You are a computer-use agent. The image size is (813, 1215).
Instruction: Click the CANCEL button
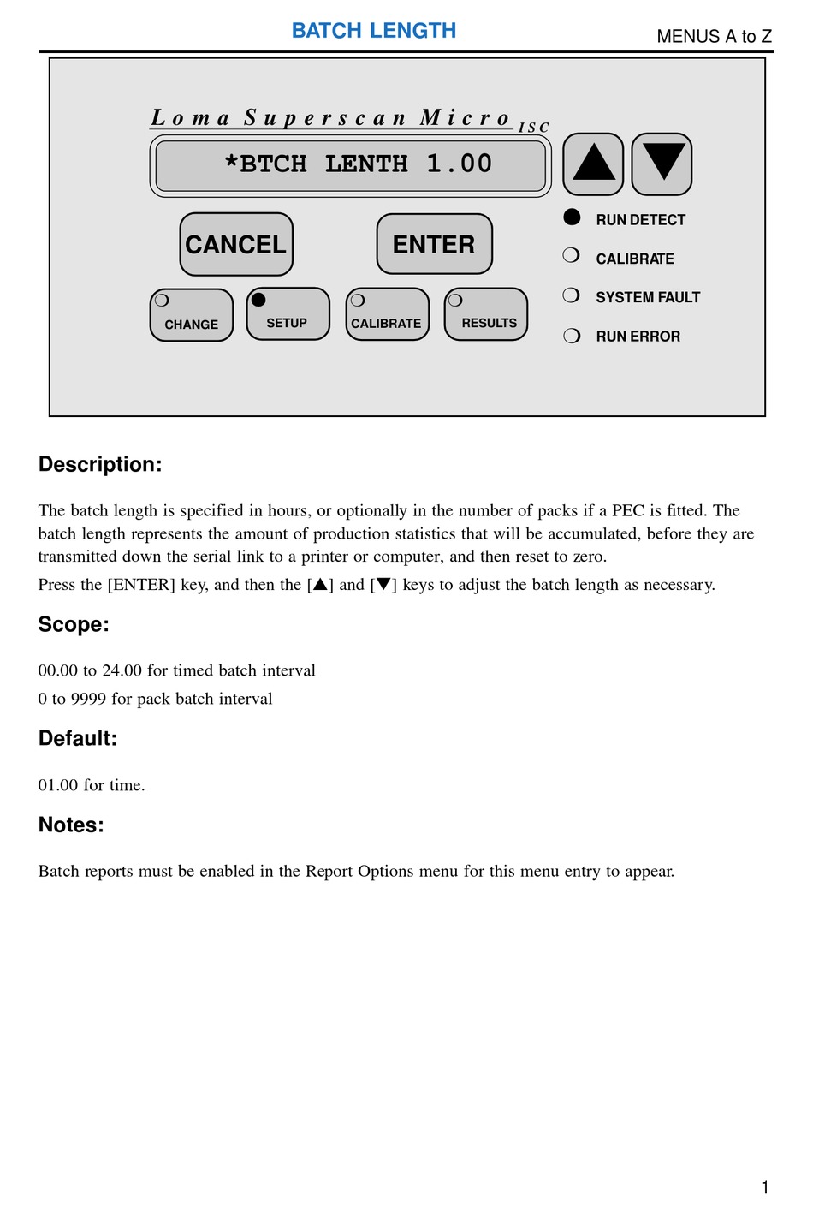click(x=236, y=245)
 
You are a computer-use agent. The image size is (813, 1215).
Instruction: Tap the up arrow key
click(x=593, y=164)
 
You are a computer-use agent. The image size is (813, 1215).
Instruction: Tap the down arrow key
click(x=662, y=164)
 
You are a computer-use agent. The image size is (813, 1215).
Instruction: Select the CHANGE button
click(x=192, y=315)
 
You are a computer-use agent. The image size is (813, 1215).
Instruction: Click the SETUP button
click(x=288, y=314)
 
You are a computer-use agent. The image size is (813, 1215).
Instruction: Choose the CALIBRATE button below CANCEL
click(x=387, y=314)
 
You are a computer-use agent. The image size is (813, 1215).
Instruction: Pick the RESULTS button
click(x=486, y=314)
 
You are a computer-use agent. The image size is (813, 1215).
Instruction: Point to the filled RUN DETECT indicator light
click(x=573, y=217)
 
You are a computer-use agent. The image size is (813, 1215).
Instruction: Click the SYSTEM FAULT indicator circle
click(x=572, y=295)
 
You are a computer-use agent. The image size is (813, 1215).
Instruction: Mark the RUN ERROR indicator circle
click(x=572, y=336)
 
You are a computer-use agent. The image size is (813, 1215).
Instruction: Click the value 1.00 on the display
click(x=460, y=164)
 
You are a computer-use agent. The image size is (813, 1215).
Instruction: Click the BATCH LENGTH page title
click(x=374, y=31)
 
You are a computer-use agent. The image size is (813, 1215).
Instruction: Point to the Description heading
click(x=100, y=465)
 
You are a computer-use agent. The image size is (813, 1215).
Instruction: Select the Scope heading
click(x=74, y=625)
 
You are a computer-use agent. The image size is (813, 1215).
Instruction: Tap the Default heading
click(x=78, y=739)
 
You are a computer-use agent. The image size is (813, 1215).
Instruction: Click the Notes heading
click(x=71, y=825)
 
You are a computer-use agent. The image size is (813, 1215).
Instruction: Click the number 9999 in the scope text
click(x=88, y=699)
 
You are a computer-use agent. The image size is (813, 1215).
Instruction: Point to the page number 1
click(x=764, y=1187)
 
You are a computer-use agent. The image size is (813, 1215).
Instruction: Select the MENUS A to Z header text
click(x=714, y=36)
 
